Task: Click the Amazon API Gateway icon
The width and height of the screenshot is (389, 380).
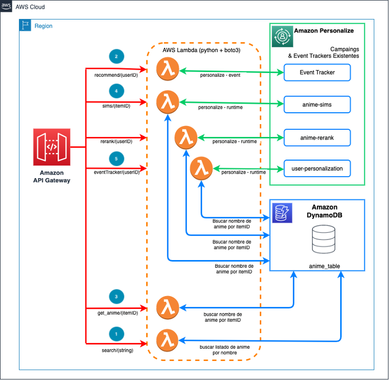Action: pos(51,147)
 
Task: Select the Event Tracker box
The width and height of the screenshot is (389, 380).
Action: pos(317,73)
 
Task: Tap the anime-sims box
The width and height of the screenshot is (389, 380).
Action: pos(317,105)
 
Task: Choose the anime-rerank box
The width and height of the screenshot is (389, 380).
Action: pos(317,137)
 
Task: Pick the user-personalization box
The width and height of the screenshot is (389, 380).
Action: pos(317,168)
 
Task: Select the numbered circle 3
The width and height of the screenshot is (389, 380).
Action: pos(116,297)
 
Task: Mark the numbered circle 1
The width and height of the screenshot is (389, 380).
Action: pos(116,334)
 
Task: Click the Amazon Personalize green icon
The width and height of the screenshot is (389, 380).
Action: pos(282,36)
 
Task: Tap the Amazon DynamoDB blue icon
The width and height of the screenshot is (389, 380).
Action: pos(282,212)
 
